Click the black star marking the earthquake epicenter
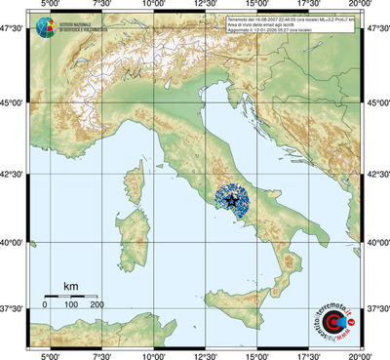click(233, 201)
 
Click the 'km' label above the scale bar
click(70, 285)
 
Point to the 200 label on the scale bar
click(97, 305)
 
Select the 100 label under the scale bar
click(70, 305)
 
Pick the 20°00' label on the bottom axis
click(363, 354)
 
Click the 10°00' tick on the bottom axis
click(152, 354)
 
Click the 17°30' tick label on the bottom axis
click(310, 354)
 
